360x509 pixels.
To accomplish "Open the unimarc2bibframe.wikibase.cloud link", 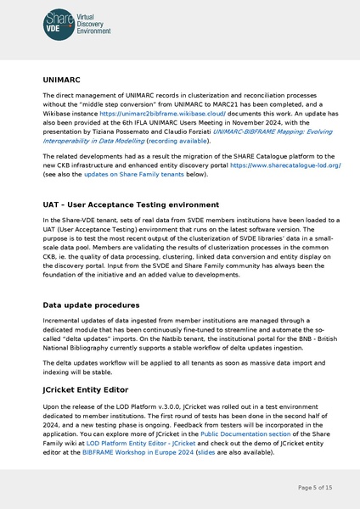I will click(149, 112).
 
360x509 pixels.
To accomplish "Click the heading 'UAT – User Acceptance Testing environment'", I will click(130, 204).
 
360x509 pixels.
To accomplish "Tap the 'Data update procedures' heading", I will click(95, 304).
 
